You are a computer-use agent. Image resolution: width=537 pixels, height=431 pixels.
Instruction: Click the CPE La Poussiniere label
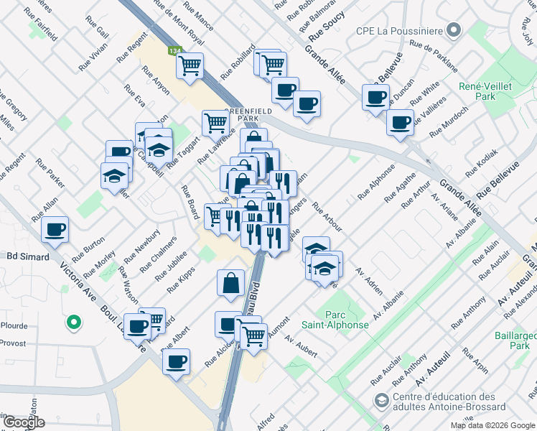[398, 31]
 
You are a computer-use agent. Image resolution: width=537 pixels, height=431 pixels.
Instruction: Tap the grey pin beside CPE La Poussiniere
[452, 30]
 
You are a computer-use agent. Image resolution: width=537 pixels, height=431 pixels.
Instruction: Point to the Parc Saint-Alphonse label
[346, 320]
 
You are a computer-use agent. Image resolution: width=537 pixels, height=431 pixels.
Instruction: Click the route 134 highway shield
[174, 52]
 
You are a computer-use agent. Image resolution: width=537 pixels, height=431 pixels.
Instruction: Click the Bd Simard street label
[26, 256]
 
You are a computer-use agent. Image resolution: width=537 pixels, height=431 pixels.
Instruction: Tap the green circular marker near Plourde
[73, 323]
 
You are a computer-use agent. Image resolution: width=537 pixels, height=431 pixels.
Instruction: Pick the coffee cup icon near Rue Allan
[55, 230]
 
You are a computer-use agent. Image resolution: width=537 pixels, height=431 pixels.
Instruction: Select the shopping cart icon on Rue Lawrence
[215, 123]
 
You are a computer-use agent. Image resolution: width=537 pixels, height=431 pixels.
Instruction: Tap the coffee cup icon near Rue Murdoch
[400, 121]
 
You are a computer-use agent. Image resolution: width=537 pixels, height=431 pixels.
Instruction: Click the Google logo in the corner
[23, 422]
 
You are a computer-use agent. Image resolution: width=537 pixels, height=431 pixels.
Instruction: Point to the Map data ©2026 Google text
[492, 425]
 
